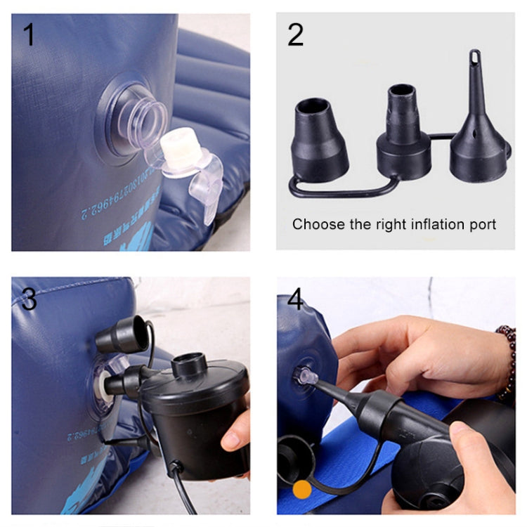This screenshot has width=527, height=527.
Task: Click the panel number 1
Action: click(29, 34)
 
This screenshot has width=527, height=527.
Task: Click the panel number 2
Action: click(295, 34)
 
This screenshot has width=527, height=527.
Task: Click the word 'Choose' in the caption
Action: click(315, 225)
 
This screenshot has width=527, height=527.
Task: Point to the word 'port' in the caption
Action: click(482, 225)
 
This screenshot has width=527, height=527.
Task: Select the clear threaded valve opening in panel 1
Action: click(144, 112)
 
